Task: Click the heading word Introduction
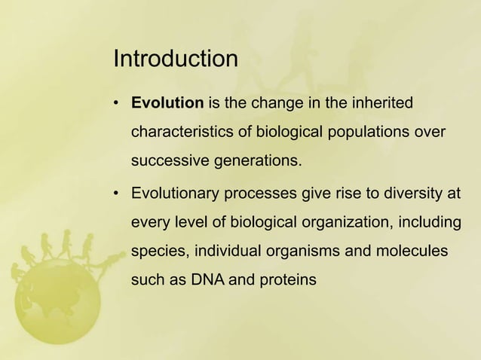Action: click(175, 59)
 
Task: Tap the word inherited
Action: click(381, 102)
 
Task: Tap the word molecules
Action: click(415, 252)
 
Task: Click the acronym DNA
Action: click(208, 281)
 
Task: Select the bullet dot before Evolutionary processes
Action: click(117, 194)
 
